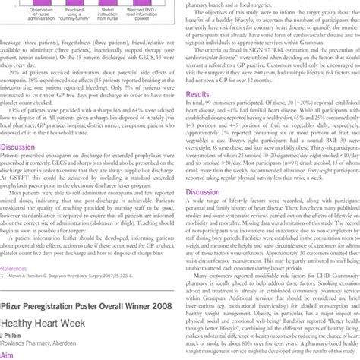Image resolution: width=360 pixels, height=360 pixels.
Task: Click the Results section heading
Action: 197,95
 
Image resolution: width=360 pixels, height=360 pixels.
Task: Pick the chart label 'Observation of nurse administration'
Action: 24,7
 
